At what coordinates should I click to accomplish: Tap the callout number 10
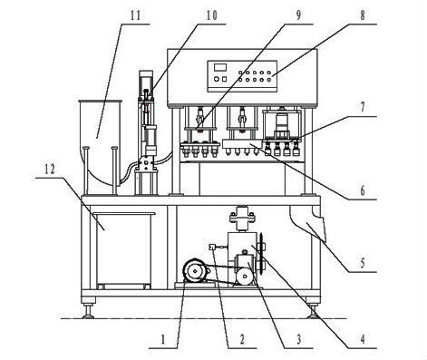click(x=211, y=16)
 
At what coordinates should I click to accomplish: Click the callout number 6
click(x=362, y=192)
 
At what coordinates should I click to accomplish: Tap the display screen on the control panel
click(x=219, y=68)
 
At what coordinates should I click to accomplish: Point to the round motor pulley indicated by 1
click(x=192, y=269)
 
